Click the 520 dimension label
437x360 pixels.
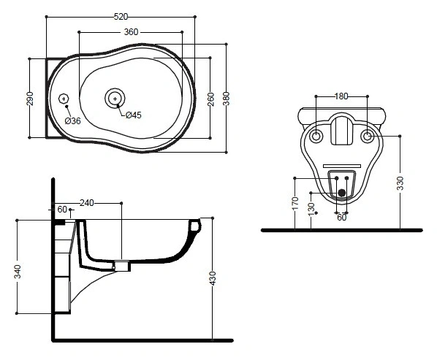121,17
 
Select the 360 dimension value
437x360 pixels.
131,32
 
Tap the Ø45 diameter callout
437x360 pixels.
134,115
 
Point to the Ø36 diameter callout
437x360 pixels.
73,120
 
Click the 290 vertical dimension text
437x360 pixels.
30,99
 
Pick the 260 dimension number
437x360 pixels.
211,99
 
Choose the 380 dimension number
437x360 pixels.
226,99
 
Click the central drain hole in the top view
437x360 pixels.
115,99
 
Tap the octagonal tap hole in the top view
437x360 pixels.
64,99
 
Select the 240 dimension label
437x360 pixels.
87,203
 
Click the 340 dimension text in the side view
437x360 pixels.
18,272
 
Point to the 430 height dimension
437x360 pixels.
213,278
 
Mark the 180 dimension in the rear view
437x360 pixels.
341,96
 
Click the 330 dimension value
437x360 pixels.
400,183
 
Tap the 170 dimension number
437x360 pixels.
295,203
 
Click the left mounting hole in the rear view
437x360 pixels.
316,137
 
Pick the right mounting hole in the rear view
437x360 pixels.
368,137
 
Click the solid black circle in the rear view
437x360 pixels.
342,192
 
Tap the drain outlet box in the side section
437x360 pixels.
123,266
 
